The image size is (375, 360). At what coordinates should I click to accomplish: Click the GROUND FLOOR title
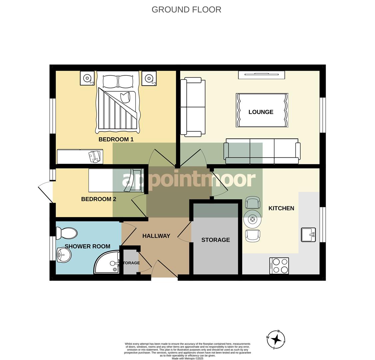[186, 9]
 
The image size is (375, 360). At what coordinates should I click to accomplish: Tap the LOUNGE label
[261, 112]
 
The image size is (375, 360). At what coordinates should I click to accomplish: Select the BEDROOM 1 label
[116, 139]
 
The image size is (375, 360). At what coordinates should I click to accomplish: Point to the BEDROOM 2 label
[99, 199]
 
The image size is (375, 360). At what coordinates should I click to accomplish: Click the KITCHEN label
[281, 208]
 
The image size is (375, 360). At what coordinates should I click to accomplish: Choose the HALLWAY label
[156, 236]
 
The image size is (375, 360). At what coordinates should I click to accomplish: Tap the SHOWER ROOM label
[87, 246]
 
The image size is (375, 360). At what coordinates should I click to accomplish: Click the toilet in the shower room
[67, 233]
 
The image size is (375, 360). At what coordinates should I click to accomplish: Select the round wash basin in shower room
[64, 256]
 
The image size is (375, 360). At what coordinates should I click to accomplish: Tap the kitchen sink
[308, 235]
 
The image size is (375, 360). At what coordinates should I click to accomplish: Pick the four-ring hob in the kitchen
[279, 266]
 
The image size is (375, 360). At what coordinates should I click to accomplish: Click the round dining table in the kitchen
[252, 219]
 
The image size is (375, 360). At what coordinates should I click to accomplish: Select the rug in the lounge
[262, 110]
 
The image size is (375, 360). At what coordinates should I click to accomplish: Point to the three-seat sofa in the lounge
[262, 152]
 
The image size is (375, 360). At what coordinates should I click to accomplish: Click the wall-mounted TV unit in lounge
[261, 75]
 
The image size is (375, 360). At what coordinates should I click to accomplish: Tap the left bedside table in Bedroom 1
[87, 78]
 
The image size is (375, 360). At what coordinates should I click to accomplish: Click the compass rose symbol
[276, 340]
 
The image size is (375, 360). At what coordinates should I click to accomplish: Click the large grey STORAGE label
[215, 240]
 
